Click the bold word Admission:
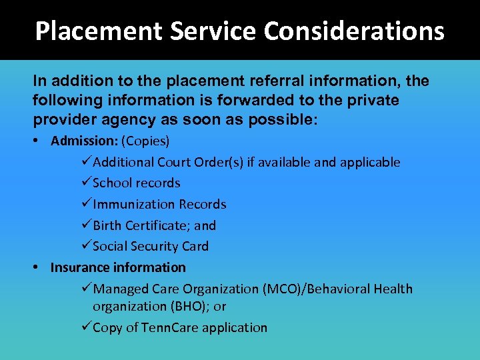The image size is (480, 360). coord(81,141)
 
